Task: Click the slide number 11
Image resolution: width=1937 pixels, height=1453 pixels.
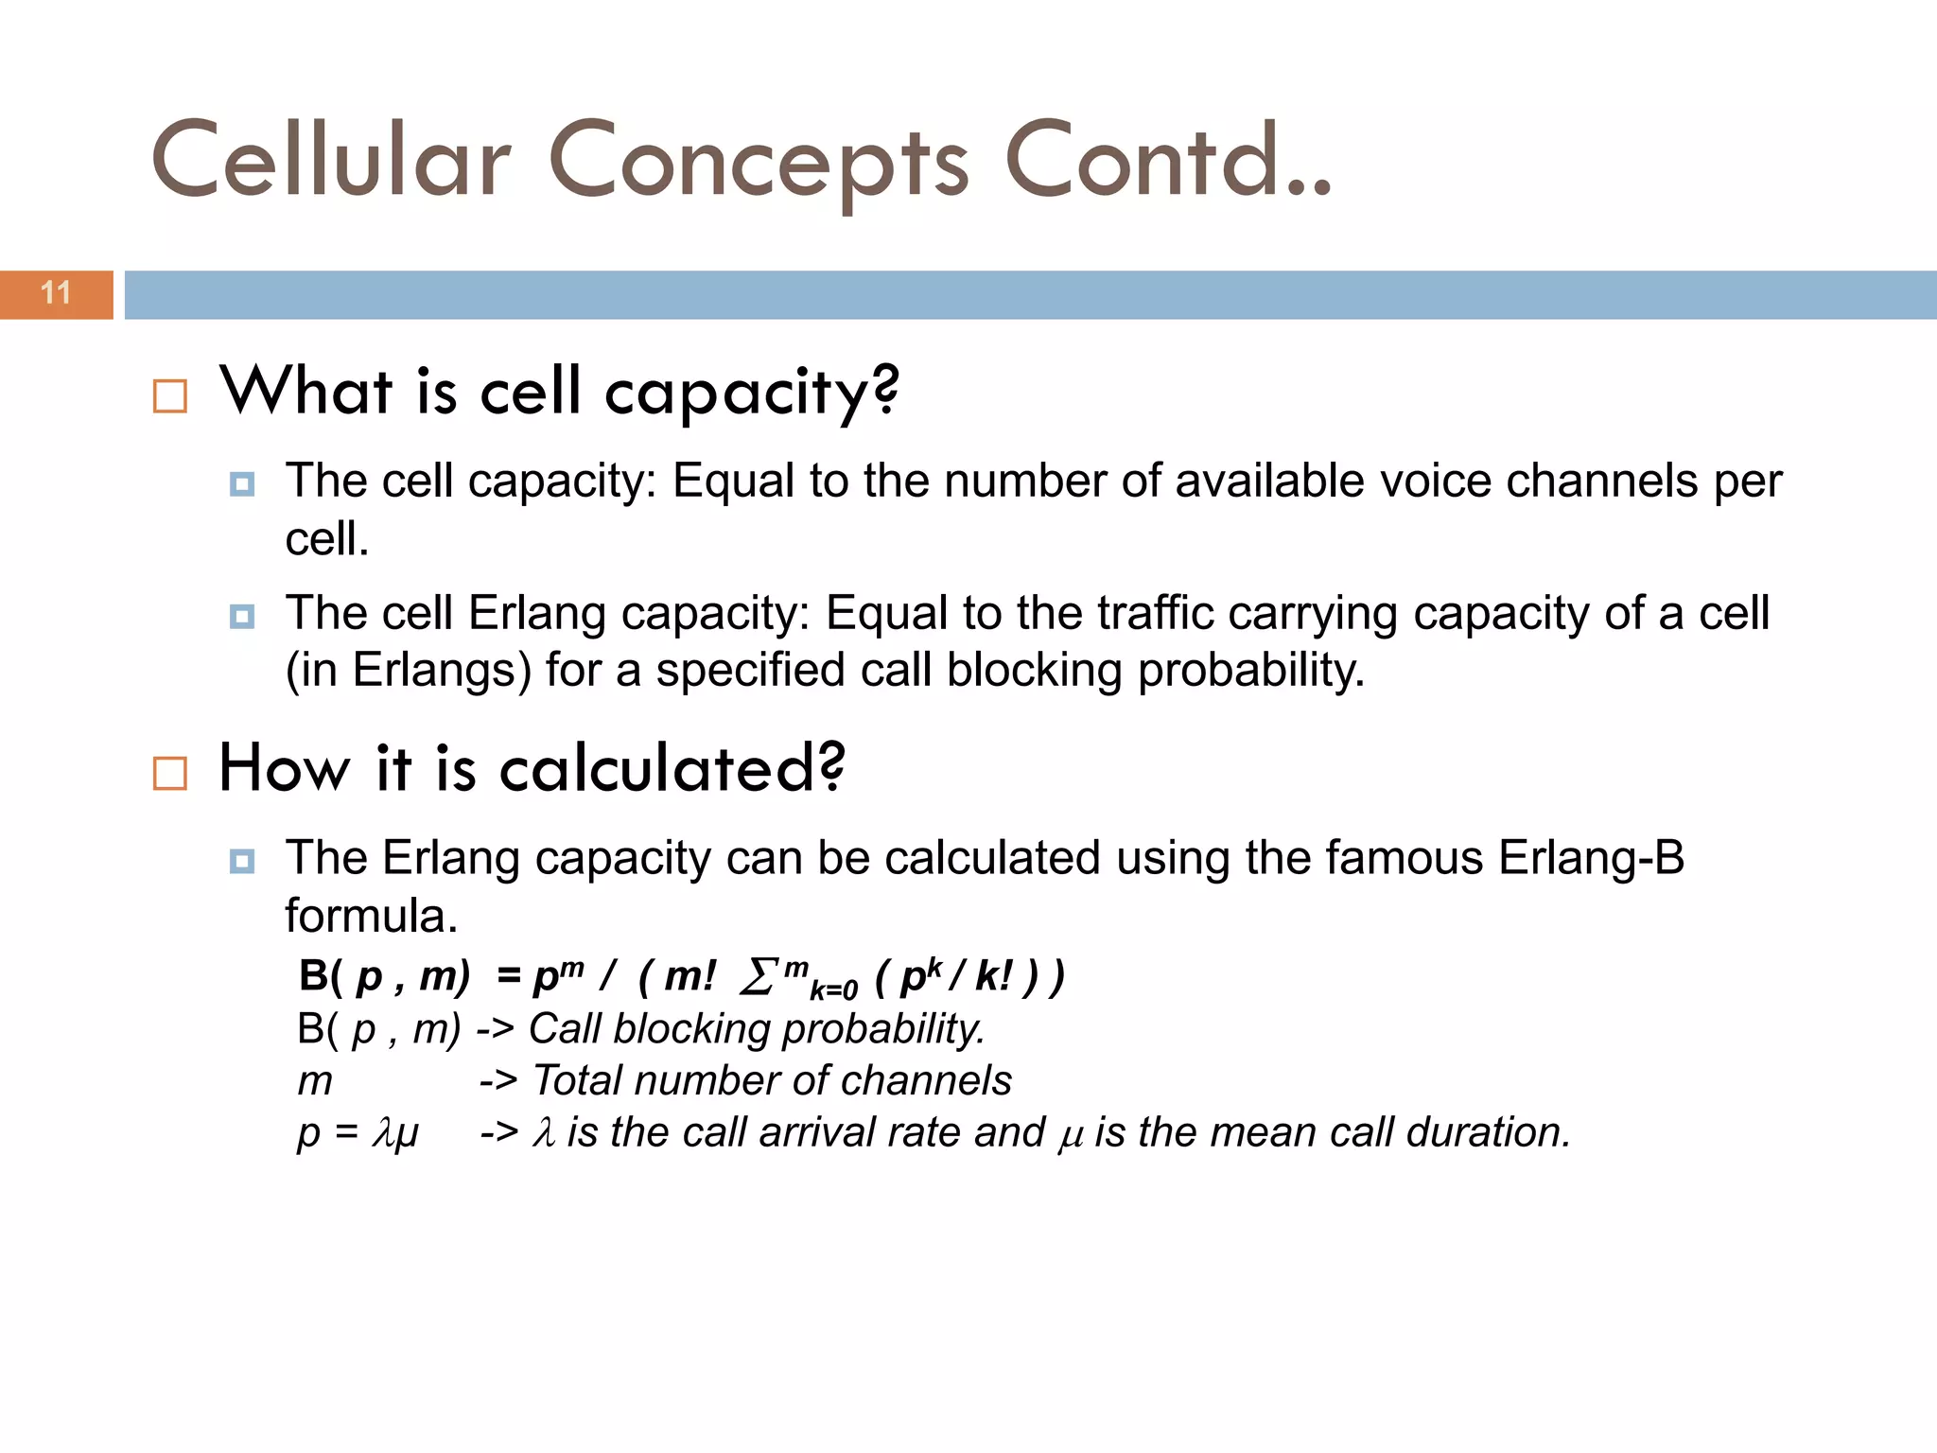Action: (x=56, y=293)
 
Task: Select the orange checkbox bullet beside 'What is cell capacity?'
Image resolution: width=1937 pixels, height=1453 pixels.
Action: (x=170, y=396)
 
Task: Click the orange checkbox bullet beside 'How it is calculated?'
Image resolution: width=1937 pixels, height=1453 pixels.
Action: (x=170, y=773)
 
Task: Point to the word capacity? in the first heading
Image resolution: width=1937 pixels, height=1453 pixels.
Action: (x=752, y=393)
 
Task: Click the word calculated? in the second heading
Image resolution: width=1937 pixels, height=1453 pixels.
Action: (x=672, y=768)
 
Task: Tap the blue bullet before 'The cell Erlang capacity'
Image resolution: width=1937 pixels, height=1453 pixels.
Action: (x=242, y=617)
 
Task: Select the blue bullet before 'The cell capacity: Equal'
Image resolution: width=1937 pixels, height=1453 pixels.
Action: (x=242, y=485)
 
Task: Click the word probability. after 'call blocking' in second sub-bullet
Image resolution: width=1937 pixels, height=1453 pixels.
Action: (x=1250, y=670)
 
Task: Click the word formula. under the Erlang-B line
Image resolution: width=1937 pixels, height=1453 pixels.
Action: (x=371, y=916)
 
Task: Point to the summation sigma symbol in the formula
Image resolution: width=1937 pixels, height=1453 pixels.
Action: (x=759, y=977)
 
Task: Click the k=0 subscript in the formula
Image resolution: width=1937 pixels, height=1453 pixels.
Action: (x=833, y=990)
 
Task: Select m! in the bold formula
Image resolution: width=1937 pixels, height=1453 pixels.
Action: (x=689, y=976)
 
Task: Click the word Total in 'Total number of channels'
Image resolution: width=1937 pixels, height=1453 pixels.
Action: (x=577, y=1080)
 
